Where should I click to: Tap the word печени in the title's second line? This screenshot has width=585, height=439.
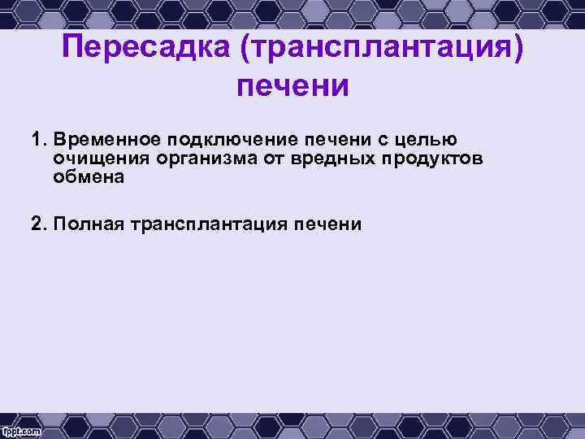point(292,85)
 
